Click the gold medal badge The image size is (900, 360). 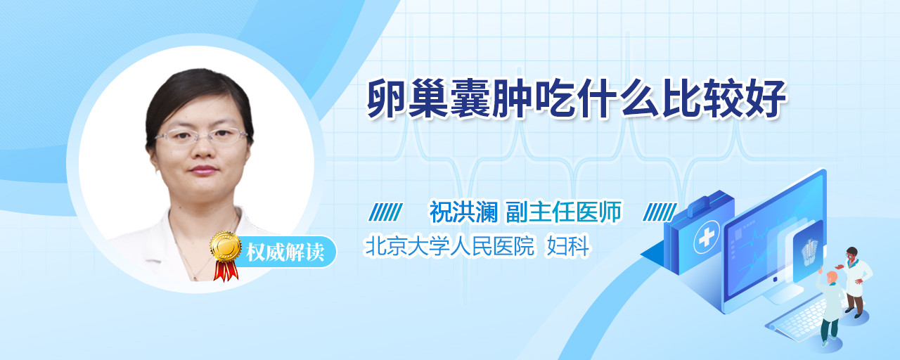pos(226,246)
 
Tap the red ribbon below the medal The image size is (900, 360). pos(226,271)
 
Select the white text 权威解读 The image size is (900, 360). pos(285,252)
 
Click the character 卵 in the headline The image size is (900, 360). pos(387,99)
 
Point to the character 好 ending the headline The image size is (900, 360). pos(766,99)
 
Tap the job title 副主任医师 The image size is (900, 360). pos(564,212)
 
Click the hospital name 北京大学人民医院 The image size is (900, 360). pos(449,246)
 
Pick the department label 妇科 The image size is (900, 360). pos(567,246)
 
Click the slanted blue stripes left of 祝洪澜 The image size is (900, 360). pos(386,212)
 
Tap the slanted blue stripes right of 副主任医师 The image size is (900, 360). pos(660,212)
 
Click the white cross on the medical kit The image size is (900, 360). pos(706,237)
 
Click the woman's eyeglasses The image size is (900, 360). pos(201,136)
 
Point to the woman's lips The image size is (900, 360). pos(203,170)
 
